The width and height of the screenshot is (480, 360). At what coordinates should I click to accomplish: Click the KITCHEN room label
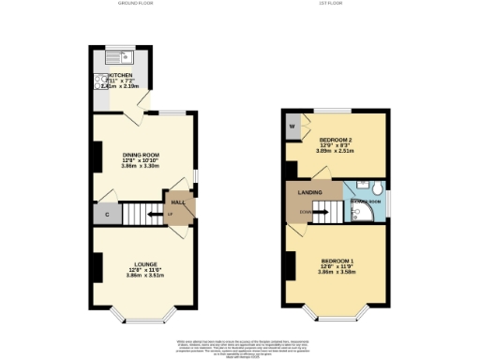coord(123,76)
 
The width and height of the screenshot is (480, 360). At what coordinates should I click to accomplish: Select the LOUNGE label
coord(144,264)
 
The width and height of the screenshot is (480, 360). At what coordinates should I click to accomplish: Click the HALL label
coord(174,202)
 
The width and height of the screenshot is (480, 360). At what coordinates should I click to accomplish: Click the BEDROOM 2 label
coord(335,139)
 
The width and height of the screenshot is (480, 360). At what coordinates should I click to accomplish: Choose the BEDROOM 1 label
coord(335,260)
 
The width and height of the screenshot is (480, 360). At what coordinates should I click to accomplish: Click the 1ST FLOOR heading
coord(334,4)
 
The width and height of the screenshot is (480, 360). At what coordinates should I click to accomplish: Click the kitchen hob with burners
coord(98,82)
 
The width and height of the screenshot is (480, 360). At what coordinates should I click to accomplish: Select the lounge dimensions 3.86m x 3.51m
coord(144,277)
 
